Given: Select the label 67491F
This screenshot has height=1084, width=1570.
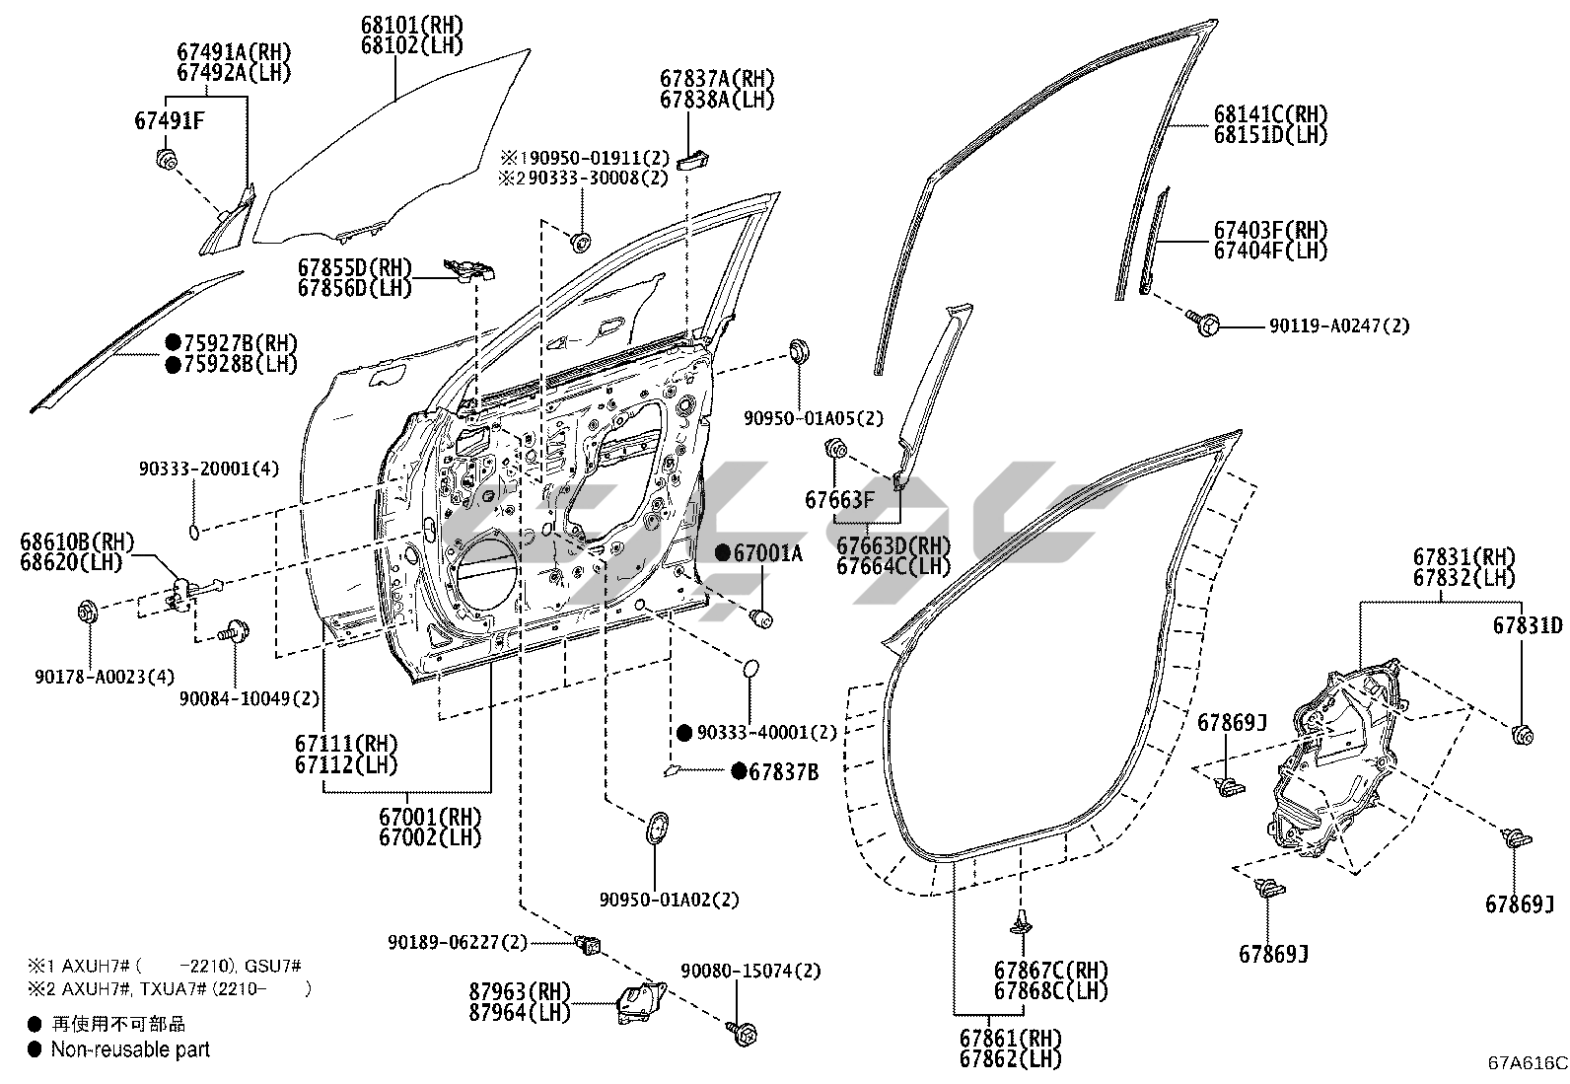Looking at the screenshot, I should [x=169, y=121].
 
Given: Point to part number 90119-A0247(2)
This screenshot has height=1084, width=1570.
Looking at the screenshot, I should [x=1338, y=325].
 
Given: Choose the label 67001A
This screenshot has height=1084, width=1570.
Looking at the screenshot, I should [x=766, y=554].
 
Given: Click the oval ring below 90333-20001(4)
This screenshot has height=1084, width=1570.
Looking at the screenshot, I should [x=195, y=533].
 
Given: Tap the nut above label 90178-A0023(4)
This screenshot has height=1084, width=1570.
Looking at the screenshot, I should [x=87, y=612].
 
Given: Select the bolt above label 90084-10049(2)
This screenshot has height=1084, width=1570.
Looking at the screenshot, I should [x=235, y=629].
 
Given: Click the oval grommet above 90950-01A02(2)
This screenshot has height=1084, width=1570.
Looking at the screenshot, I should [x=656, y=827].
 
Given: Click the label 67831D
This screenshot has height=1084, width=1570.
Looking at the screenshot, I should [x=1527, y=625].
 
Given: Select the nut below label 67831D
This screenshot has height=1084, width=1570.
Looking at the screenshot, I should [x=1522, y=734].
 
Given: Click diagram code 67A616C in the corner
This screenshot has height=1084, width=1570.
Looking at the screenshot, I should [x=1528, y=1062].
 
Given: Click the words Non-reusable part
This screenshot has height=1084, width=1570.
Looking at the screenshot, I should [x=130, y=1049].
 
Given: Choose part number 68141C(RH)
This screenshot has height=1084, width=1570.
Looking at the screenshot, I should [x=1270, y=113].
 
